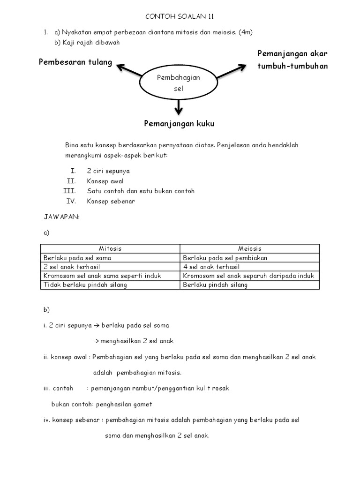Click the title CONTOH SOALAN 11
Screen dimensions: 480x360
click(x=180, y=16)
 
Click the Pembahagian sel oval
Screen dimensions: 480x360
click(x=178, y=83)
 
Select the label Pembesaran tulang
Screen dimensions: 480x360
click(x=75, y=62)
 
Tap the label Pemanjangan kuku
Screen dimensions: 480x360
click(x=179, y=124)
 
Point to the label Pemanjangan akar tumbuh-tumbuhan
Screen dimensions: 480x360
click(x=292, y=60)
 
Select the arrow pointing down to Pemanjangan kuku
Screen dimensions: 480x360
click(x=178, y=106)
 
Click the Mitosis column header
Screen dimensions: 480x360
click(x=110, y=248)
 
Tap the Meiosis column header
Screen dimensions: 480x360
click(x=249, y=248)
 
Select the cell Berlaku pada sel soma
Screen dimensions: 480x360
click(x=77, y=257)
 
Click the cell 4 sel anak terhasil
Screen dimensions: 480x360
click(x=211, y=266)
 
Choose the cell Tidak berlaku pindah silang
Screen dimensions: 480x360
click(x=85, y=285)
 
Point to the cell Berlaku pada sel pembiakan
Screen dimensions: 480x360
click(x=225, y=257)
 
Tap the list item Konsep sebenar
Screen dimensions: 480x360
click(x=111, y=201)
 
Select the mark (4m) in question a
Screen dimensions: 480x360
click(x=246, y=32)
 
